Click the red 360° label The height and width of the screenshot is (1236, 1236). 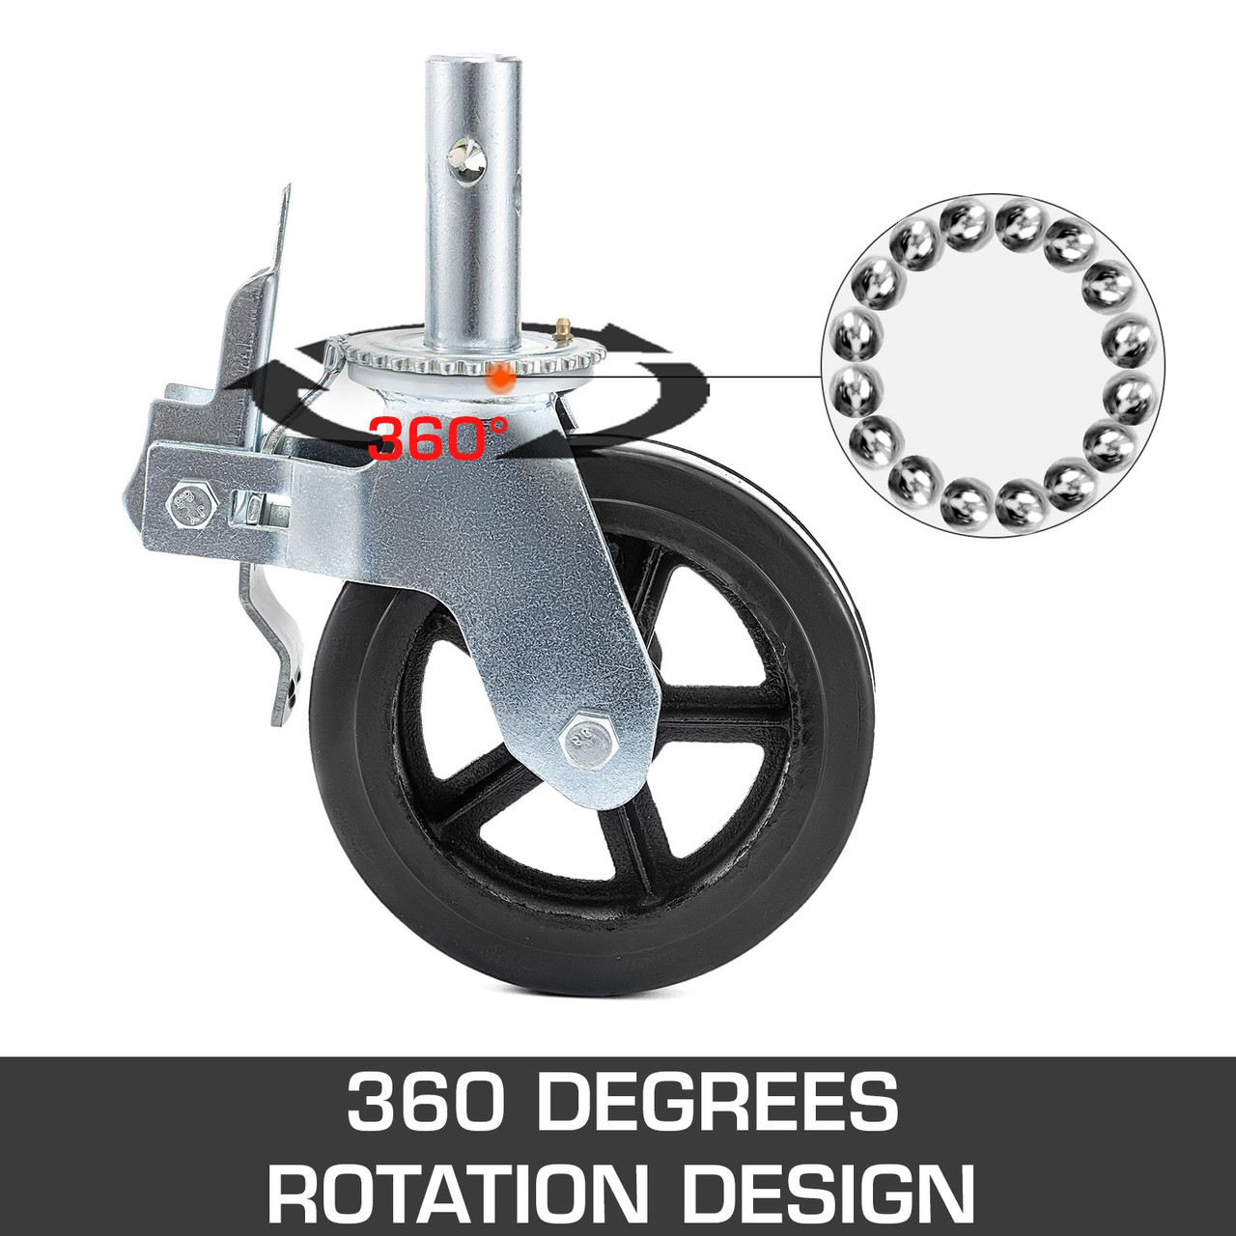(436, 438)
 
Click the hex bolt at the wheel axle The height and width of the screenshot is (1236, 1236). (585, 739)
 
